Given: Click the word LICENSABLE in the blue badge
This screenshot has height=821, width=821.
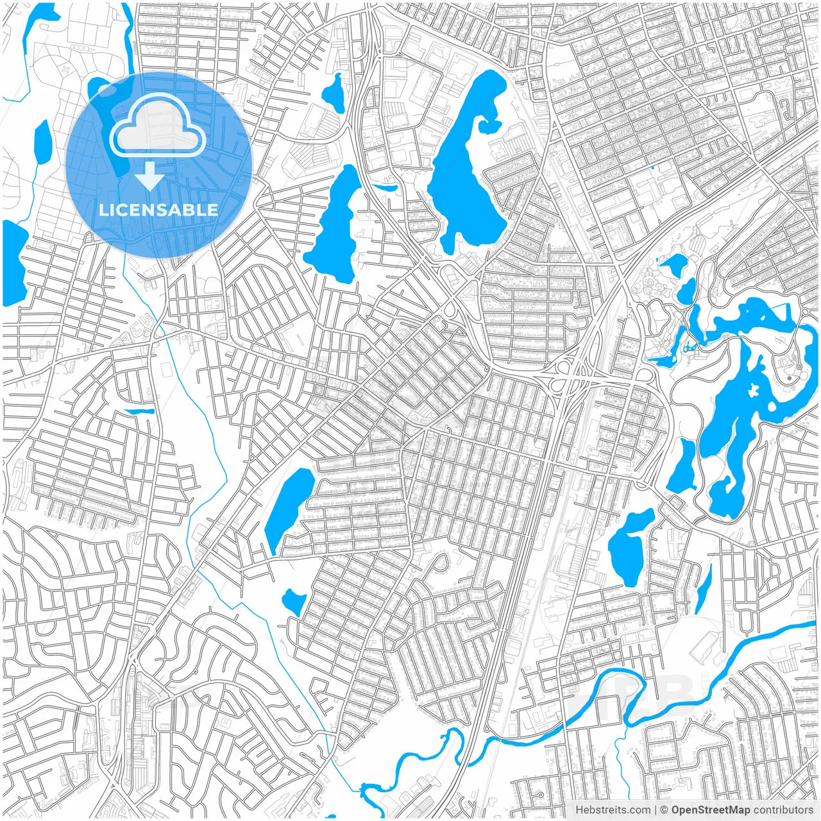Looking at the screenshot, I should click(158, 210).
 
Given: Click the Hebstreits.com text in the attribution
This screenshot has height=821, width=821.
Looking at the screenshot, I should click(613, 810).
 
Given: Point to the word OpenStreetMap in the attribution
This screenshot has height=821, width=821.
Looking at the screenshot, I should click(711, 810).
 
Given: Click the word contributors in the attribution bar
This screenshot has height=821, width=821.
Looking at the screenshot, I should click(783, 810).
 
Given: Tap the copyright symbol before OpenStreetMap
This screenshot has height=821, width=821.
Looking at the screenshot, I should click(664, 810).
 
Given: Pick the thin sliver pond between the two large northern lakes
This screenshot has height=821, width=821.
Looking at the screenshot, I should click(385, 187).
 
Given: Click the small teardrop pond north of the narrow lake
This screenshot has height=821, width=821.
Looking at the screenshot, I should click(334, 94).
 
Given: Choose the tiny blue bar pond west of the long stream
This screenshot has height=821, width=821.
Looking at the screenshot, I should click(139, 411).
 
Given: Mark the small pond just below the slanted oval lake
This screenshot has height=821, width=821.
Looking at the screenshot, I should click(295, 602).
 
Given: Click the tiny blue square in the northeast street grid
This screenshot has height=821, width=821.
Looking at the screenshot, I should click(653, 168).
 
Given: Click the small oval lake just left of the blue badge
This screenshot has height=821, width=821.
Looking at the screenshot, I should click(42, 143).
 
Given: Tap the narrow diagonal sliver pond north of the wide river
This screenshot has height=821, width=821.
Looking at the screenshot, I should click(704, 589).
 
